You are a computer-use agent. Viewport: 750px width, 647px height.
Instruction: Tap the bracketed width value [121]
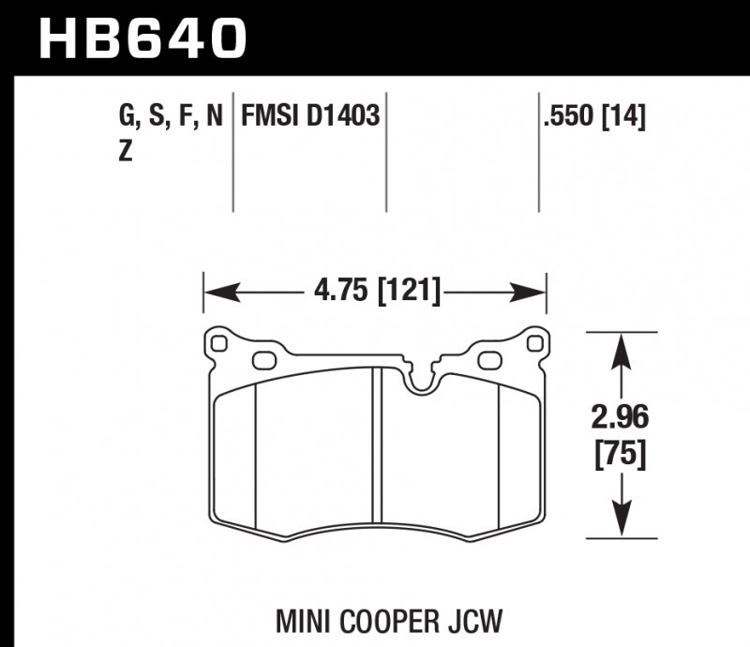pyautogui.click(x=408, y=292)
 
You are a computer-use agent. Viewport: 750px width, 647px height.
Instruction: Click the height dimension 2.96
pyautogui.click(x=619, y=416)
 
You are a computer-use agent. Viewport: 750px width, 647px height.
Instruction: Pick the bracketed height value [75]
pyautogui.click(x=619, y=457)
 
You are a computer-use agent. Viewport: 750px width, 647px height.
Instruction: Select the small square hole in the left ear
pyautogui.click(x=220, y=344)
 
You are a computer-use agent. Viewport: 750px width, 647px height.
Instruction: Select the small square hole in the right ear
pyautogui.click(x=534, y=344)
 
